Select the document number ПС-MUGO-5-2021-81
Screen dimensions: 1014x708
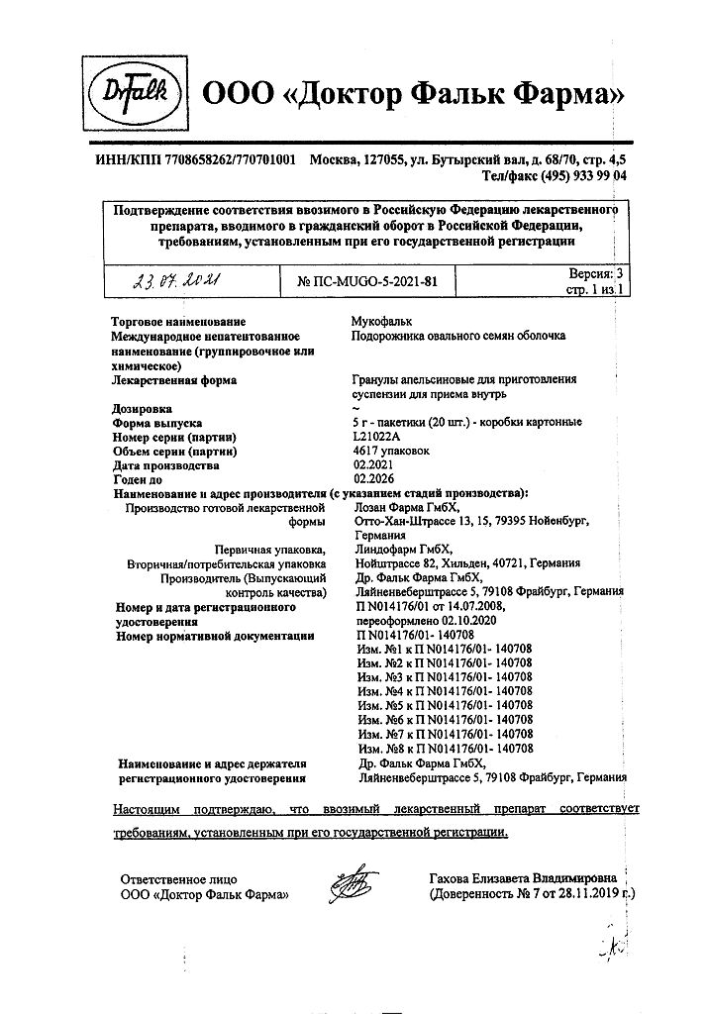click(x=366, y=283)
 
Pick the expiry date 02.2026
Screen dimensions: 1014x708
click(x=372, y=479)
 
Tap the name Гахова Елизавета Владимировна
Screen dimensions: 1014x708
click(x=523, y=878)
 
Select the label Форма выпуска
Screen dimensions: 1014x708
click(x=157, y=422)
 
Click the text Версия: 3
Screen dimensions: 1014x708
click(x=596, y=272)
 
